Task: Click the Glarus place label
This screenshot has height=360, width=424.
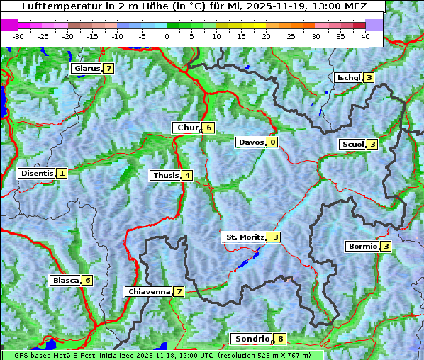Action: coord(86,69)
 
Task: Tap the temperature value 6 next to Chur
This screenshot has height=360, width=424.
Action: coord(209,128)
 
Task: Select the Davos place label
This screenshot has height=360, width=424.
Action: coord(250,142)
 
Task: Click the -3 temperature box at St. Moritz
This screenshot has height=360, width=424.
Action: coord(274,237)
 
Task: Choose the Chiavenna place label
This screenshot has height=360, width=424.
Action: coord(149,291)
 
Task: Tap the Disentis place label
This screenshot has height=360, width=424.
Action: coord(37,173)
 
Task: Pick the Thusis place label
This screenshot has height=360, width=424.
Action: coord(165,175)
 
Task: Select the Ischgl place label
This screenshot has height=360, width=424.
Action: coord(348,77)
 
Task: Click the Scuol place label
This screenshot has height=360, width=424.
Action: coord(352,144)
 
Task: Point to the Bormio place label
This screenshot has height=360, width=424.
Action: coord(362,247)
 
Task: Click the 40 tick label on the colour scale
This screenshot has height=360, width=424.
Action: coord(365,36)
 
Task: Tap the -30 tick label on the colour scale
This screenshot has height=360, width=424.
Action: coord(18,36)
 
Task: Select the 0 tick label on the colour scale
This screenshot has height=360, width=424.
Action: coord(167,36)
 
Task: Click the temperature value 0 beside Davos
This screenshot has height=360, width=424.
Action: coord(272,142)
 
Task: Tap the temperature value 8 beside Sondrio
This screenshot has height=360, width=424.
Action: coord(281,339)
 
